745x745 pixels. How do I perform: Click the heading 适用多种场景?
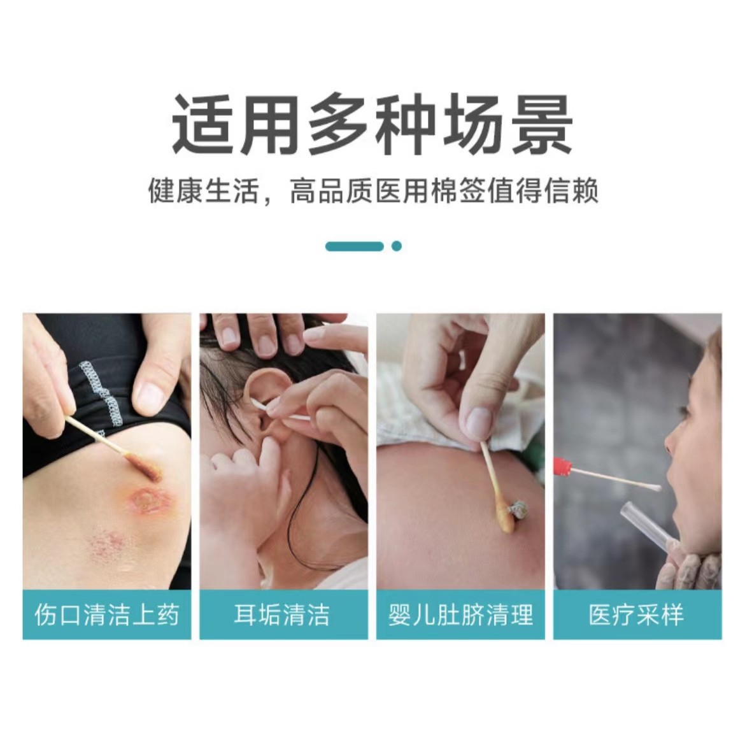[x=372, y=124]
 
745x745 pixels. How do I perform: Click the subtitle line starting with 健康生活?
[x=372, y=191]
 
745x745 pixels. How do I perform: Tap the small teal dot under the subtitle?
[x=397, y=246]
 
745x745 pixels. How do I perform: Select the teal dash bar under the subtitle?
[x=355, y=246]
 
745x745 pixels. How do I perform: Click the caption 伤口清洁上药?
[x=107, y=615]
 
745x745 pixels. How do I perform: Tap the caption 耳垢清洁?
[x=283, y=615]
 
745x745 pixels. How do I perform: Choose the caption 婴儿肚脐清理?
[x=460, y=615]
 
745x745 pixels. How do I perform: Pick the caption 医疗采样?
[x=637, y=615]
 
